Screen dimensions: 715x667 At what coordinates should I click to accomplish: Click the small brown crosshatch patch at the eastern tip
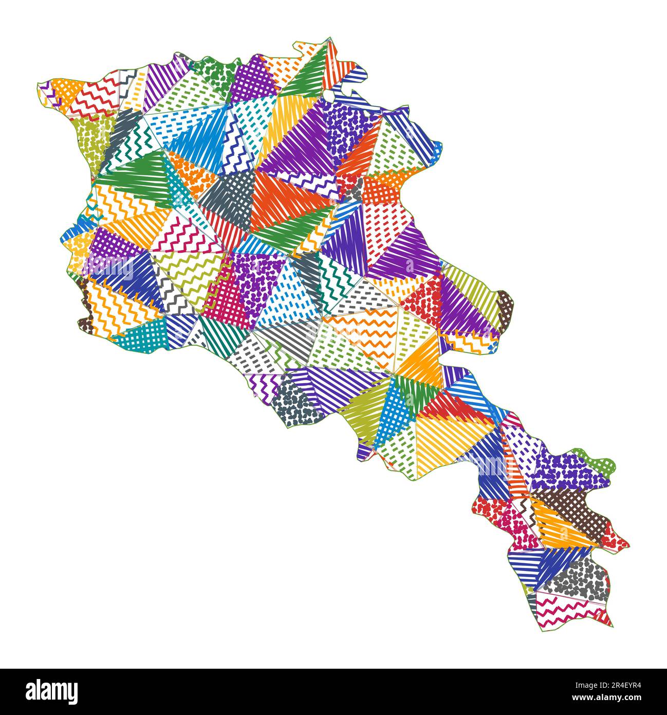pyautogui.click(x=506, y=306)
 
